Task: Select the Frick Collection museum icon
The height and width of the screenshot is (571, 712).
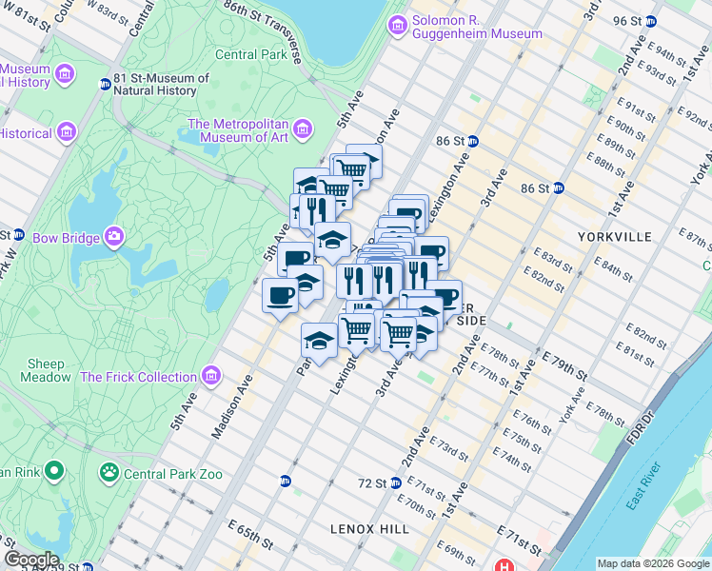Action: click(210, 377)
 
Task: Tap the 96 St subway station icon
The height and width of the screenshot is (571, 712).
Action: click(651, 21)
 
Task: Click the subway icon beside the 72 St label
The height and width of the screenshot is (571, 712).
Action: click(394, 483)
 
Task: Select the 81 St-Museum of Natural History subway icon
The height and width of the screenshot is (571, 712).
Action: click(105, 85)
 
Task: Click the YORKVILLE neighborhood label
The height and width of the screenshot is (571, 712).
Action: click(614, 236)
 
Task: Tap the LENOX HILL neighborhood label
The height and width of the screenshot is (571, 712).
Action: click(369, 529)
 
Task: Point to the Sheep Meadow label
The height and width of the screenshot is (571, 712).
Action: click(46, 370)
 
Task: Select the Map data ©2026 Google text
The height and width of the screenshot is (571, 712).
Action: click(653, 563)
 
